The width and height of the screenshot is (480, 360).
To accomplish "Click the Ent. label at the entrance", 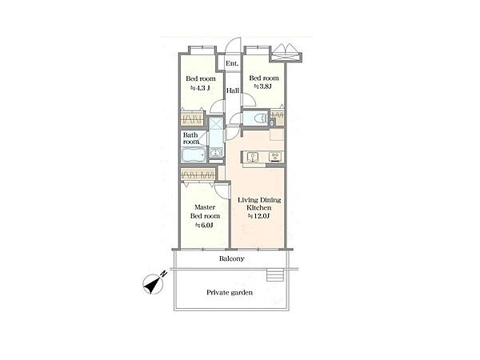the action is pyautogui.click(x=232, y=64).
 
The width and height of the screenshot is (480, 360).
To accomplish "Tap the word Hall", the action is pyautogui.click(x=233, y=90).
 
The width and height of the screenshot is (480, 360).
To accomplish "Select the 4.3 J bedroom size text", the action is pyautogui.click(x=200, y=88).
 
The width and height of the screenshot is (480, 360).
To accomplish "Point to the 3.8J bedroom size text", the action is pyautogui.click(x=262, y=86).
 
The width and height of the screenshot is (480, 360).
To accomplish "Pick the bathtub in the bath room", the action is pyautogui.click(x=193, y=155).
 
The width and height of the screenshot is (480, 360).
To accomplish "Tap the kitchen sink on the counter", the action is pyautogui.click(x=253, y=157).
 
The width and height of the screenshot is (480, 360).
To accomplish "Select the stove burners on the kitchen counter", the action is pyautogui.click(x=274, y=157).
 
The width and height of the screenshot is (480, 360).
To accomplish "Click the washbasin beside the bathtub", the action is pyautogui.click(x=217, y=152).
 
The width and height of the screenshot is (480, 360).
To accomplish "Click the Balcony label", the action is pyautogui.click(x=232, y=258).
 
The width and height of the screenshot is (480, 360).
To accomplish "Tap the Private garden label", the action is pyautogui.click(x=230, y=292).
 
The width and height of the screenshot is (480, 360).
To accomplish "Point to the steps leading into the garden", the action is pyautogui.click(x=274, y=275).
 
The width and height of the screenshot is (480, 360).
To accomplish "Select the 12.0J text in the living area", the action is pyautogui.click(x=258, y=216).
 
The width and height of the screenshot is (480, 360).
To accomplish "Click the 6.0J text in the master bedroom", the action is pyautogui.click(x=205, y=226).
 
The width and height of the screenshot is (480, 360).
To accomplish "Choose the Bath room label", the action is pyautogui.click(x=190, y=138).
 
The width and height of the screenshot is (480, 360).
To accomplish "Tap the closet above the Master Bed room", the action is pyautogui.click(x=198, y=174).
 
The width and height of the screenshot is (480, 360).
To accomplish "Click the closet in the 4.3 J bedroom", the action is pyautogui.click(x=192, y=118).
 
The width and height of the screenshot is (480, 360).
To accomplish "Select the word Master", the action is pyautogui.click(x=205, y=207).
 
